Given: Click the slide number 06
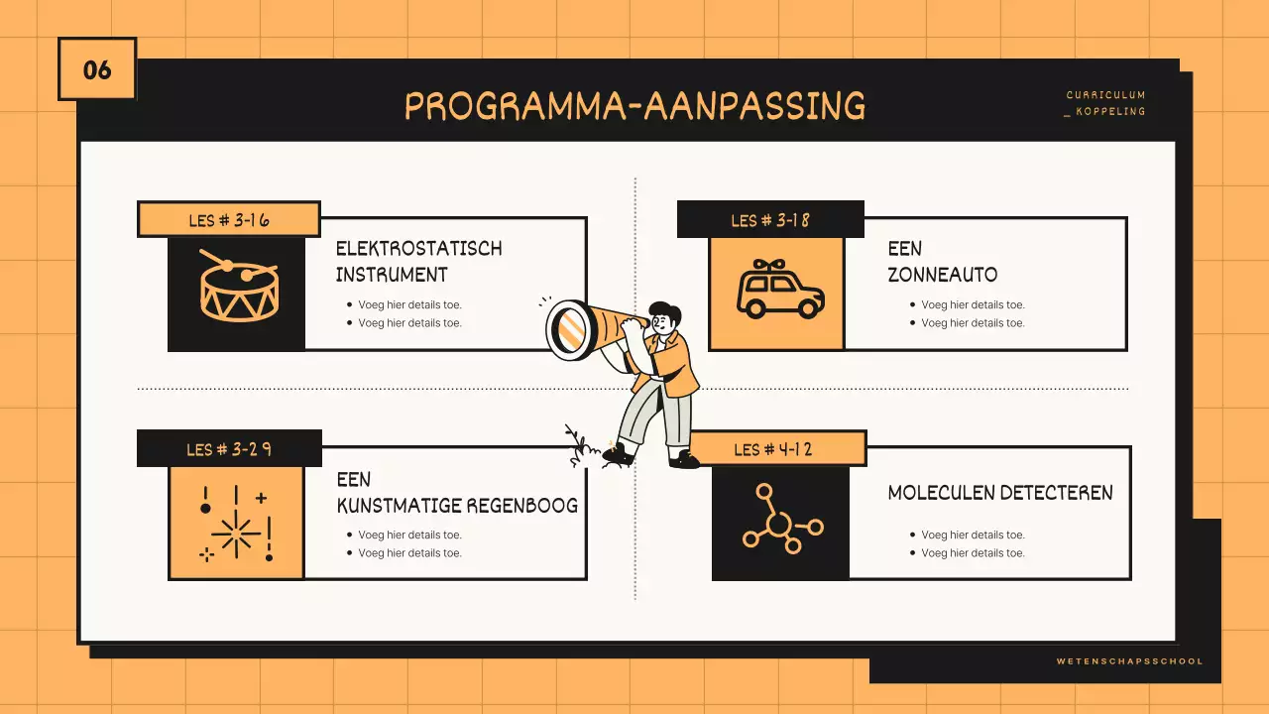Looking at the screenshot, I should [x=97, y=69].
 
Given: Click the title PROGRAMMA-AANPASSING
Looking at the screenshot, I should [x=634, y=106].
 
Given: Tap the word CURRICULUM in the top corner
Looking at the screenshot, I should [x=1105, y=95].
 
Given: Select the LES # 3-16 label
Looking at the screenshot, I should [x=228, y=219].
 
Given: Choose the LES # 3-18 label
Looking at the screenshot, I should [x=770, y=219].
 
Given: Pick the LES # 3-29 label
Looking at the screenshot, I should [x=229, y=449].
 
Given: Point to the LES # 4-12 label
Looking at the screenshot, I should [x=773, y=449].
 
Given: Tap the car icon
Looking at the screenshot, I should [x=779, y=290].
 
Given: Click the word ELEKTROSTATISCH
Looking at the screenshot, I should [x=418, y=248].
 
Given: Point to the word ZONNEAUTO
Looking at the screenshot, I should [x=942, y=275].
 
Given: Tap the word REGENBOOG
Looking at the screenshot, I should [x=522, y=505].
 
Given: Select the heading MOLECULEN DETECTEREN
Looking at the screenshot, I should [x=999, y=492].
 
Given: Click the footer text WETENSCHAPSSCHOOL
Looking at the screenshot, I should [x=1129, y=660].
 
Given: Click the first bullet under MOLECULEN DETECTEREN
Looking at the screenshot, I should [x=972, y=535].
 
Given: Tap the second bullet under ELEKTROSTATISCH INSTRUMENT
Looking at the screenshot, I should [x=408, y=322].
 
